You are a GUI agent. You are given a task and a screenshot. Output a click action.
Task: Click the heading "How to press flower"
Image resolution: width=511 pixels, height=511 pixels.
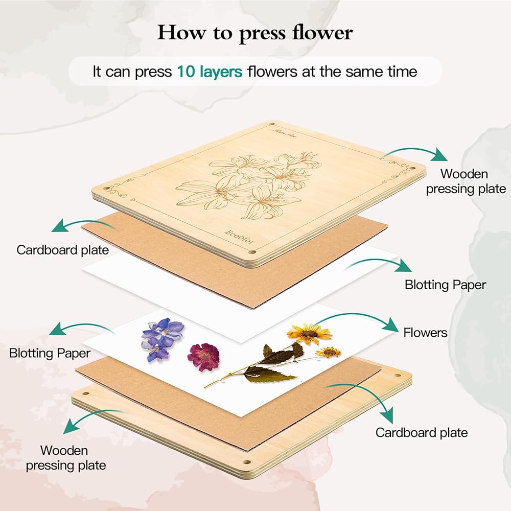(255, 33)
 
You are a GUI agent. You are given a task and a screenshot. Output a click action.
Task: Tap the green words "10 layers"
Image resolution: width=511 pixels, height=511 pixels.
(210, 72)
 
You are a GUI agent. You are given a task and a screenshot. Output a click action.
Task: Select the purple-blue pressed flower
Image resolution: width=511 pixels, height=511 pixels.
(161, 337)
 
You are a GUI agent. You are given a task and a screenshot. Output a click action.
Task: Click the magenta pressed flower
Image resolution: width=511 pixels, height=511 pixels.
(203, 356)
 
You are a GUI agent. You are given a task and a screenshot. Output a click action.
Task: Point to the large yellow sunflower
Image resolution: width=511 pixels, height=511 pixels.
(309, 334)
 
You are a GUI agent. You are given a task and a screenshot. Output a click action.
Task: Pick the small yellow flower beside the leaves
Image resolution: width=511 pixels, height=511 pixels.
(329, 352)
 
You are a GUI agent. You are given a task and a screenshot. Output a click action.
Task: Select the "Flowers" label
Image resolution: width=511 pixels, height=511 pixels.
(425, 333)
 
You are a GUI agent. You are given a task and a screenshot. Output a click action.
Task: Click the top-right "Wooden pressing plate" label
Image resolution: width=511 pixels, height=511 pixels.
(466, 181)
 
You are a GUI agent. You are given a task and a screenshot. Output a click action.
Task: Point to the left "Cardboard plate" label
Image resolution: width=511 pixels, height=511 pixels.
(62, 250)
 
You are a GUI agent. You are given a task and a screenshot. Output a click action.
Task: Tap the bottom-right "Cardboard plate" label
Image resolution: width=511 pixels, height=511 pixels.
(422, 433)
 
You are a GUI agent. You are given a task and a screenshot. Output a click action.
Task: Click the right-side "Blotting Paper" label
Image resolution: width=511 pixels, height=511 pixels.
(445, 285)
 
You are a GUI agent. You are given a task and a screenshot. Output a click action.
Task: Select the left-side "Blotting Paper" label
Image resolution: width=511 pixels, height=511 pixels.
(50, 353)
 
